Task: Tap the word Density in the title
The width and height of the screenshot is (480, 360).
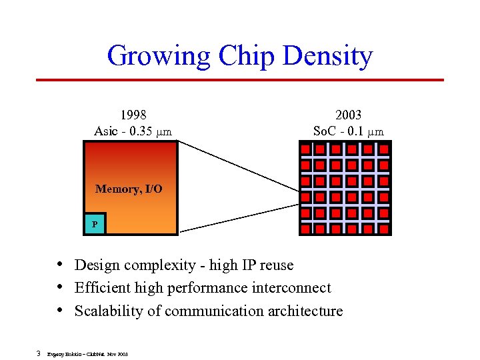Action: point(328,56)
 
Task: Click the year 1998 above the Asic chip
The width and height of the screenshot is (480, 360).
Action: point(133,115)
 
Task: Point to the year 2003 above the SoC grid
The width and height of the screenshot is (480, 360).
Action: point(348,115)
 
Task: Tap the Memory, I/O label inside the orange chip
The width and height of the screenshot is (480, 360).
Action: point(129,189)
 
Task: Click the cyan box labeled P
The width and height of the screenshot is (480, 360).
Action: point(95,224)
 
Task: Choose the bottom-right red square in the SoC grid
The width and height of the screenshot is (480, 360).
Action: point(383,229)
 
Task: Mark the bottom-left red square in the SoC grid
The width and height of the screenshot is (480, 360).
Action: point(306,229)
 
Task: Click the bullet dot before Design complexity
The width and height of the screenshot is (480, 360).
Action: point(61,265)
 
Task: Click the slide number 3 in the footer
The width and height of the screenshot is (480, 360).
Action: point(39,353)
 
